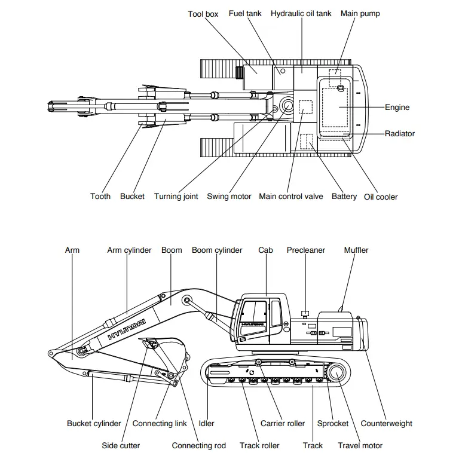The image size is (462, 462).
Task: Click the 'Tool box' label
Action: point(203,14)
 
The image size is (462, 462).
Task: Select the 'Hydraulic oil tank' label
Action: point(301,14)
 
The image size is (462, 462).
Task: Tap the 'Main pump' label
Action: point(360,14)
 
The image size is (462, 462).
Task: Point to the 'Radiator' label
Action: point(399,134)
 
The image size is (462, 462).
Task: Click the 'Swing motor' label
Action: point(229,197)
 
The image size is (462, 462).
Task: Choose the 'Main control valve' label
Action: point(290,197)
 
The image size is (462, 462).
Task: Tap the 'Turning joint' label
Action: point(176,197)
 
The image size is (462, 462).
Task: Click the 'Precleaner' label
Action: point(306,250)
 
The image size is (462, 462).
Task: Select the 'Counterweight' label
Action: point(386,424)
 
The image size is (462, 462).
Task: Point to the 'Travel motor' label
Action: point(360,445)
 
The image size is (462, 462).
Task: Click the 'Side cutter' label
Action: point(121,445)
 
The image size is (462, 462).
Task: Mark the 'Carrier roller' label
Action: point(283,424)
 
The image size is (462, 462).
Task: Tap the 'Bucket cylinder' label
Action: point(94,424)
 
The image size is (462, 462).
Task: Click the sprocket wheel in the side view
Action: point(335,374)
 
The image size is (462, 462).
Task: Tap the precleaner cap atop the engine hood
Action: point(305,313)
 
